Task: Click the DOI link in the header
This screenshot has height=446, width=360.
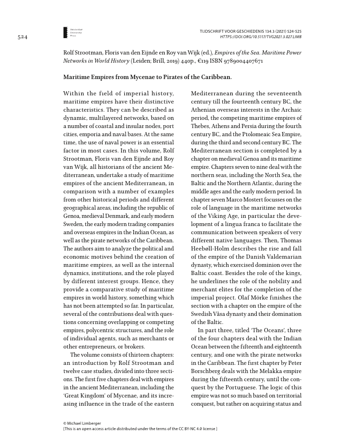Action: click(261, 36)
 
